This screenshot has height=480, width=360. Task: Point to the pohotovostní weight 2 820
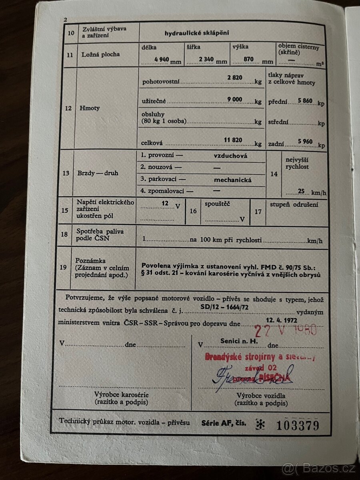pos(235,78)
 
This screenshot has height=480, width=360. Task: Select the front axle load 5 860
pos(305,101)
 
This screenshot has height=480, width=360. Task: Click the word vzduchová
pos(230,156)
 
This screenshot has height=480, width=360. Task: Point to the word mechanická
pos(232,180)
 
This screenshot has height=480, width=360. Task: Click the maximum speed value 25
pos(301,191)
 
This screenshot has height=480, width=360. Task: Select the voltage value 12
pos(165,203)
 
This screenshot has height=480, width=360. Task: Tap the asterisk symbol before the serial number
pos(260,424)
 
